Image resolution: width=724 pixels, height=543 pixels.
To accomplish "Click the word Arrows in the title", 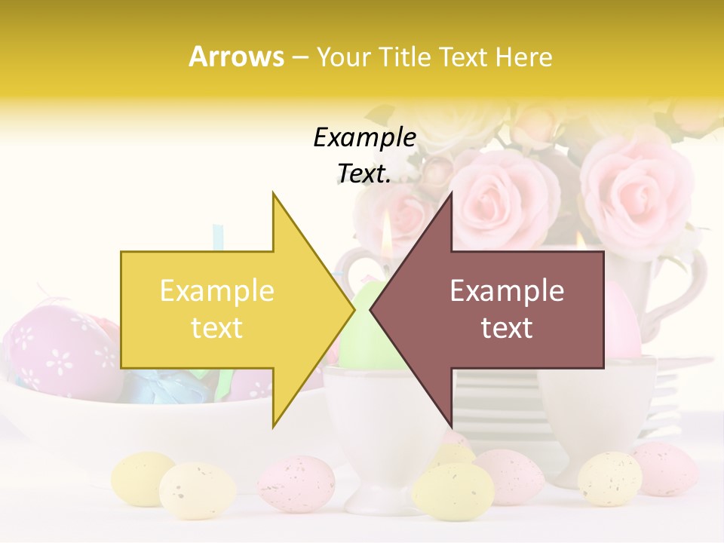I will pyautogui.click(x=236, y=57).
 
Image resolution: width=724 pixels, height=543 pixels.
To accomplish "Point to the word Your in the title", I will pyautogui.click(x=344, y=57).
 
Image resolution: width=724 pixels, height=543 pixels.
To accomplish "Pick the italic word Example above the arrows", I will pyautogui.click(x=364, y=137).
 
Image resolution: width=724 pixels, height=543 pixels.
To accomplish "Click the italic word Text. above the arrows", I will pyautogui.click(x=364, y=174).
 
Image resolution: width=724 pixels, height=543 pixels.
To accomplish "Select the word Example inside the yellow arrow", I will pyautogui.click(x=216, y=291).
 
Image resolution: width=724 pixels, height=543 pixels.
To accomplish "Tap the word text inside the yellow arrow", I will pyautogui.click(x=216, y=328).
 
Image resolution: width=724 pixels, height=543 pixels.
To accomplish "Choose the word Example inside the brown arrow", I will pyautogui.click(x=507, y=291).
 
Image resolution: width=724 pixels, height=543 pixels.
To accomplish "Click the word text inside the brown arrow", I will pyautogui.click(x=507, y=328).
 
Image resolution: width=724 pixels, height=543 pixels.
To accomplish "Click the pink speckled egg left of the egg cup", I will pyautogui.click(x=296, y=483).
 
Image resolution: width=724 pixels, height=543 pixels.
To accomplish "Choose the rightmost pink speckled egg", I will pyautogui.click(x=665, y=468).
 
